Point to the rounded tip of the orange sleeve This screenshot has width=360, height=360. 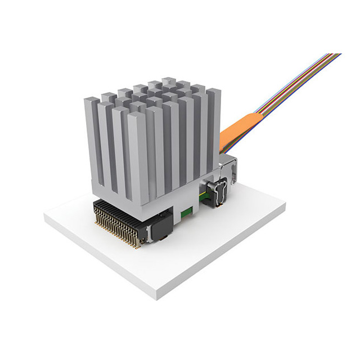click(x=256, y=116)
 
